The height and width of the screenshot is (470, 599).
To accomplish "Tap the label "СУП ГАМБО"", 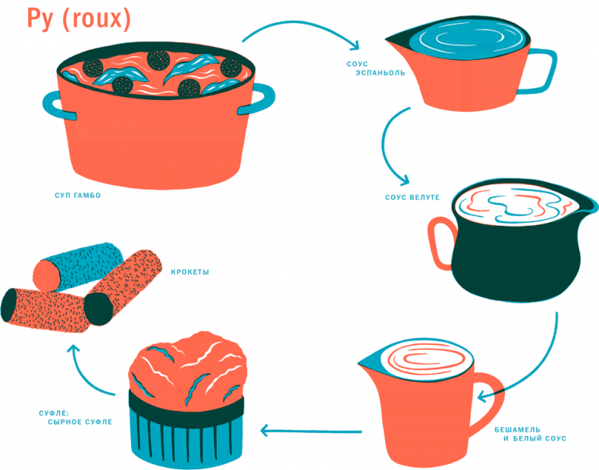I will pyautogui.click(x=72, y=196).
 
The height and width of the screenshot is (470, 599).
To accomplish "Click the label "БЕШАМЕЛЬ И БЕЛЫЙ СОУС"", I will pyautogui.click(x=526, y=434).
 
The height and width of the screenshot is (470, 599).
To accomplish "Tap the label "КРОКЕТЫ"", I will pyautogui.click(x=190, y=272).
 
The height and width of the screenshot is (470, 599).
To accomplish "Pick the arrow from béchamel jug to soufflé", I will pyautogui.click(x=311, y=431).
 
